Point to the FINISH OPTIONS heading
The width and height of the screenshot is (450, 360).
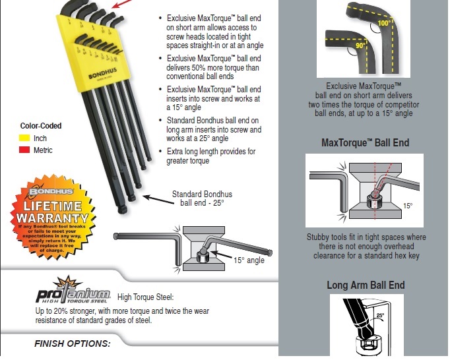pos(72,344)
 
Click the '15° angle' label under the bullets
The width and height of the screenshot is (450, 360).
pos(249,260)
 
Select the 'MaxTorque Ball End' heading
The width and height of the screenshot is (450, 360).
pos(365,142)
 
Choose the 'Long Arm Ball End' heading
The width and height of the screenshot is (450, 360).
pos(366,285)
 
